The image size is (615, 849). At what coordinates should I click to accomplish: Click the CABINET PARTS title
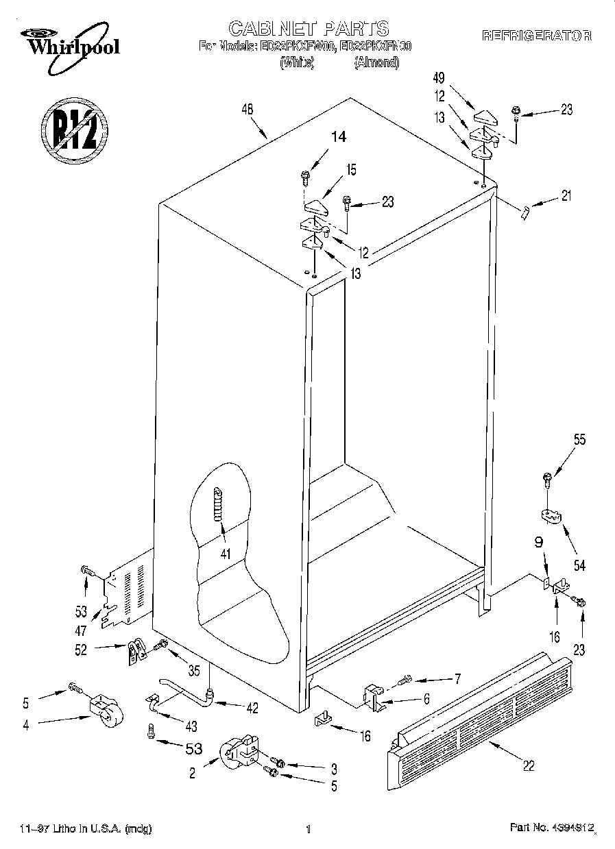click(308, 28)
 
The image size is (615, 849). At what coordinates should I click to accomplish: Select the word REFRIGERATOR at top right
click(537, 36)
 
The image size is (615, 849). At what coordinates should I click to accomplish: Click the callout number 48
click(248, 108)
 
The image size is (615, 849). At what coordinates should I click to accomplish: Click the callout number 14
click(338, 136)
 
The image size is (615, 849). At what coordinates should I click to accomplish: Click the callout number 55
click(579, 441)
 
